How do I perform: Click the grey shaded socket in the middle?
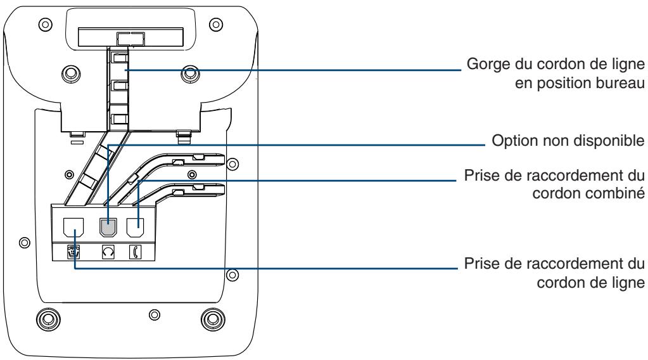pyautogui.click(x=108, y=228)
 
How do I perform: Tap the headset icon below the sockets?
pyautogui.click(x=108, y=252)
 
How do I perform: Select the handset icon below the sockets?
pyautogui.click(x=135, y=252)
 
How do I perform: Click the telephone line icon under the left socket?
pyautogui.click(x=73, y=252)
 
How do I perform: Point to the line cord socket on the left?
pyautogui.click(x=73, y=228)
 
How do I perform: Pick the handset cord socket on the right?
pyautogui.click(x=135, y=228)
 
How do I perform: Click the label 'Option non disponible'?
pyautogui.click(x=568, y=141)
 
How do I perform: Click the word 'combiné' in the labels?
pyautogui.click(x=619, y=193)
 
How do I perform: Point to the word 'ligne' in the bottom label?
pyautogui.click(x=627, y=283)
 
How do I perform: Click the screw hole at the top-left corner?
pyautogui.click(x=46, y=24)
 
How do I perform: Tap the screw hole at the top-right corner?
pyautogui.click(x=215, y=24)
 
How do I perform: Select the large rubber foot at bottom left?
pyautogui.click(x=48, y=319)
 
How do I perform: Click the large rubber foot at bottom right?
pyautogui.click(x=213, y=319)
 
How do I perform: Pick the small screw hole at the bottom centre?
pyautogui.click(x=154, y=315)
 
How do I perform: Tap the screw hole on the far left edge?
pyautogui.click(x=24, y=242)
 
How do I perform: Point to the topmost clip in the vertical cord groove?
pyautogui.click(x=120, y=58)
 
